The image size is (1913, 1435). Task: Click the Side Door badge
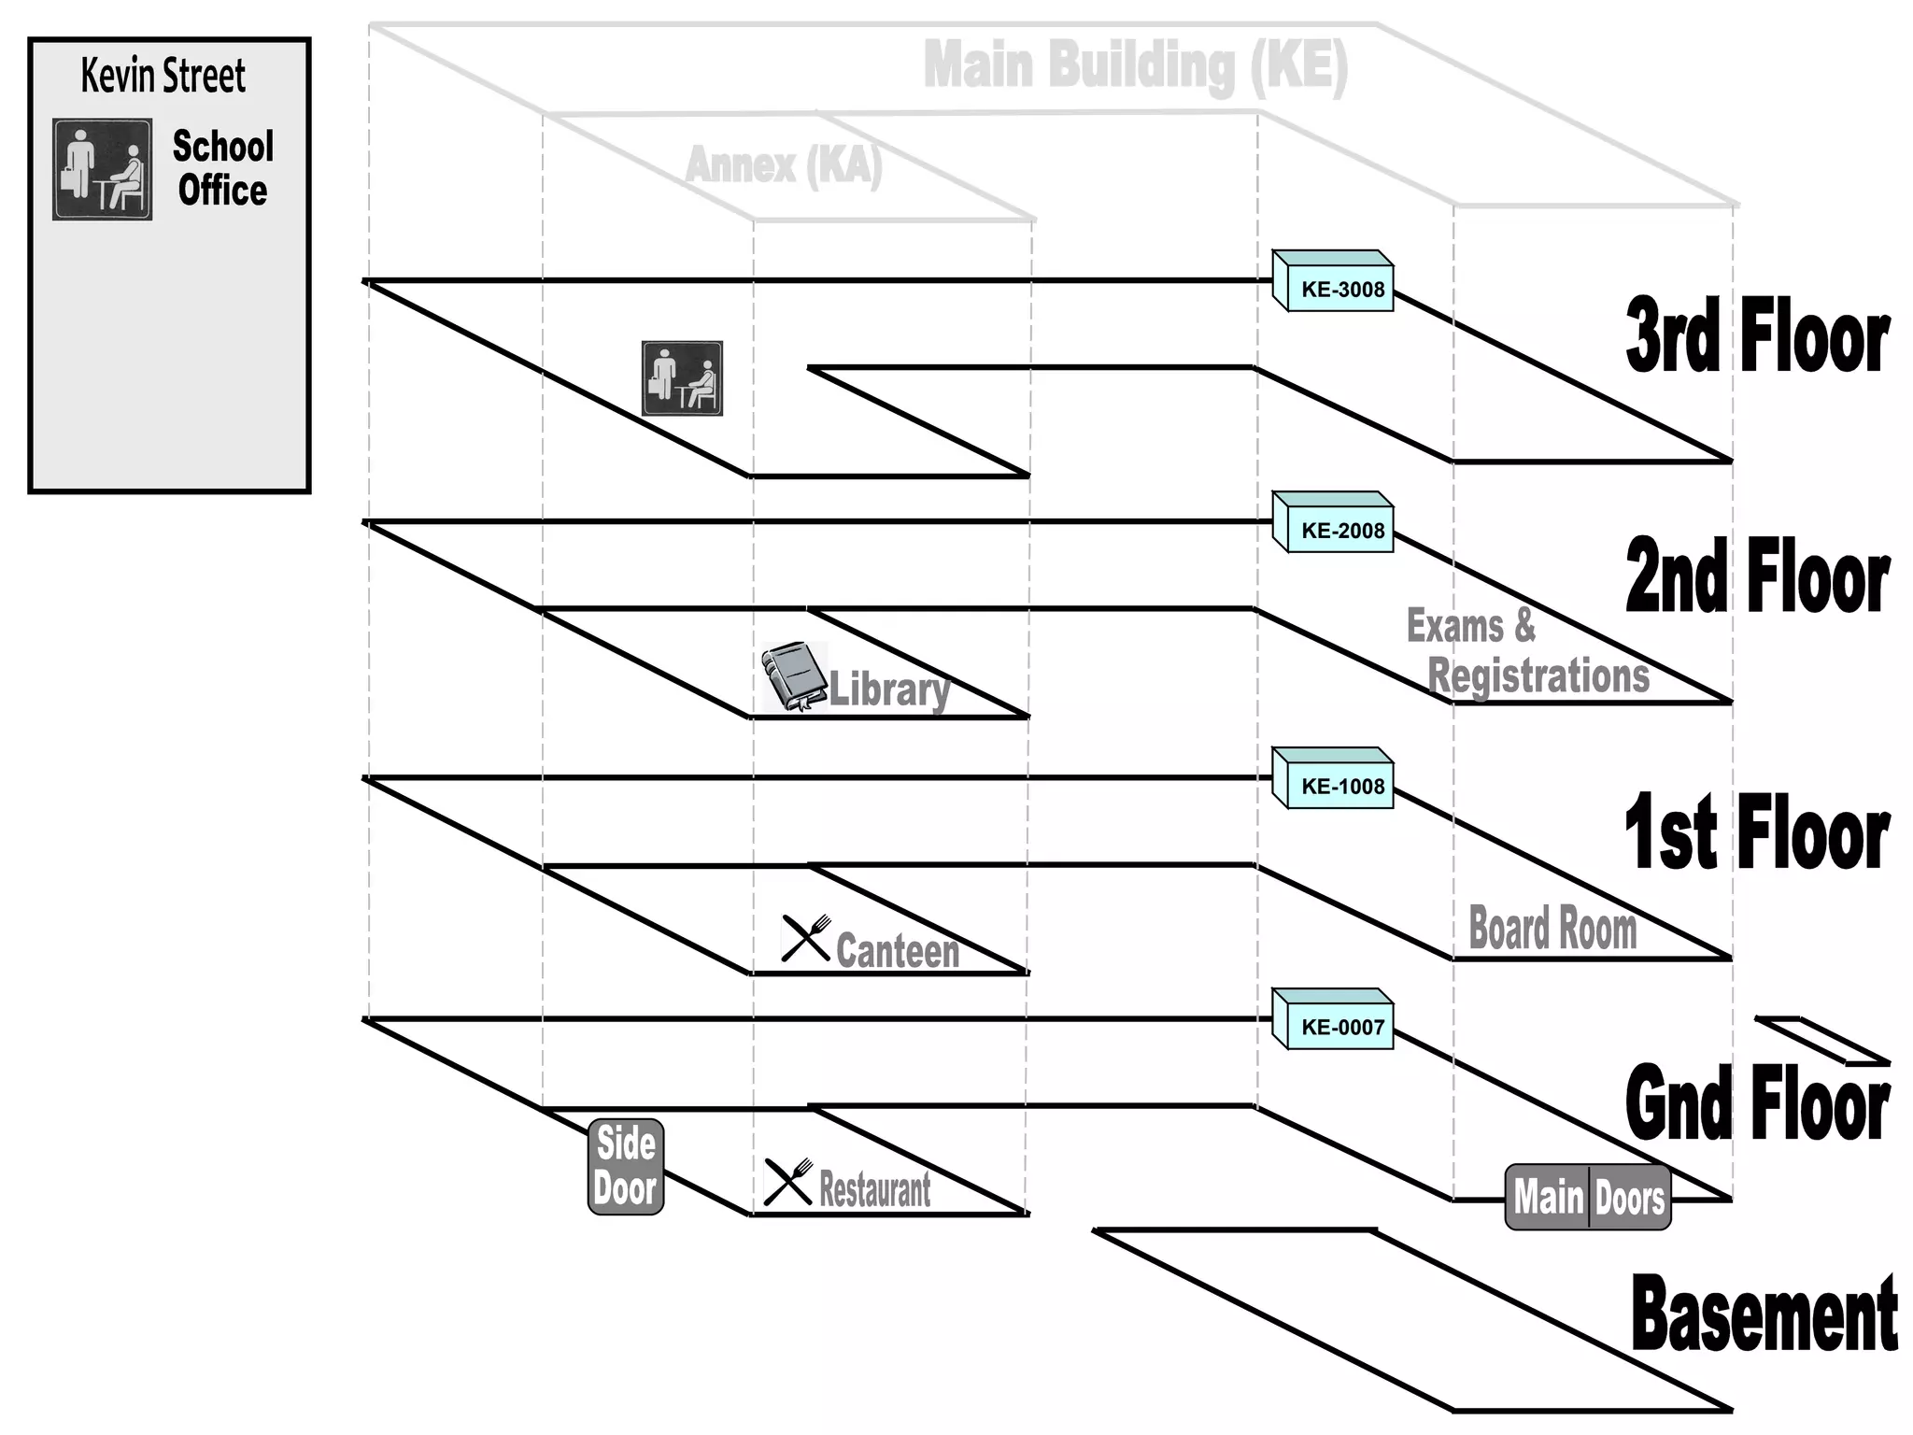(626, 1167)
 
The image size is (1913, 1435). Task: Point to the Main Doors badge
(1588, 1197)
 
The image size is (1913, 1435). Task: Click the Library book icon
(794, 676)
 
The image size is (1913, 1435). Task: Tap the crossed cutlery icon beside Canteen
(805, 938)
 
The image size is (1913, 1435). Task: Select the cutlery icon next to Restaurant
(788, 1182)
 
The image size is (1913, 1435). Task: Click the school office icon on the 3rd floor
(682, 378)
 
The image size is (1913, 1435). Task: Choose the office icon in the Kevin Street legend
(103, 169)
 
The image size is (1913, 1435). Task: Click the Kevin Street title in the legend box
(163, 76)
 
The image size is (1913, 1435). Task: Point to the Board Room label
(1552, 928)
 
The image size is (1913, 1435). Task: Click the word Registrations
(1538, 675)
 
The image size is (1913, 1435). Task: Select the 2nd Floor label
(1758, 577)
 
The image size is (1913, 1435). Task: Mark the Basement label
(1764, 1314)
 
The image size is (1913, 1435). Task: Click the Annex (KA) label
(784, 165)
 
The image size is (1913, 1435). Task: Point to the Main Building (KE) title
(1136, 65)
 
